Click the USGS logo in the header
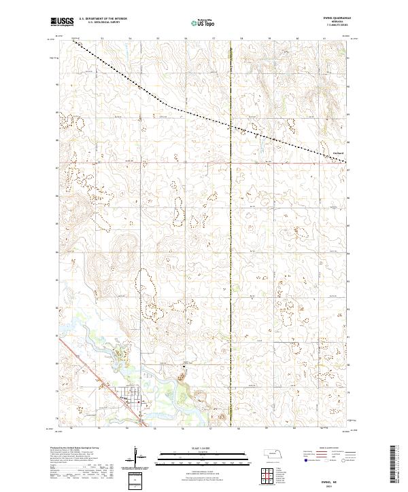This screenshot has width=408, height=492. tap(62, 22)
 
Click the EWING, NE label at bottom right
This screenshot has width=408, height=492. tap(336, 479)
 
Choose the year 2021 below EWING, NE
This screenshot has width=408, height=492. tap(336, 485)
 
